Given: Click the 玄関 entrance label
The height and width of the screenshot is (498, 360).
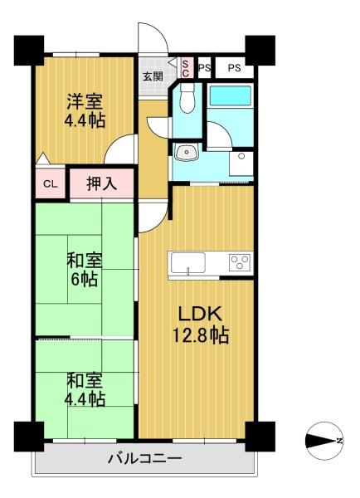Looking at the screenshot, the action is [153, 76].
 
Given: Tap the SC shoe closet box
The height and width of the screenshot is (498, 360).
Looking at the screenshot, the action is [186, 68].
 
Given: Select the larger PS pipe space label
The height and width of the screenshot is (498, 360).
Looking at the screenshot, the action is [234, 68].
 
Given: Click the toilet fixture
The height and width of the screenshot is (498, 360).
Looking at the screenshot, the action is [187, 98].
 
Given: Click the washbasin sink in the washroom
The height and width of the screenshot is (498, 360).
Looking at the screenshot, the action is [187, 152].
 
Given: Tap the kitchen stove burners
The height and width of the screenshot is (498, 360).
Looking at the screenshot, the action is [240, 262].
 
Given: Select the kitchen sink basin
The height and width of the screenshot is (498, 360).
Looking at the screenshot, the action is [188, 263].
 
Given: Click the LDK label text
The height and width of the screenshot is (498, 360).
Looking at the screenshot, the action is [200, 314].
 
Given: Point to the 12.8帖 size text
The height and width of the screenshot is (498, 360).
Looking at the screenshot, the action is [200, 335].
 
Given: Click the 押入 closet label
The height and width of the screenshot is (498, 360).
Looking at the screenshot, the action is [102, 183].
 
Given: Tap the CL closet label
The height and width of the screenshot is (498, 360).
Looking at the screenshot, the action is [51, 184].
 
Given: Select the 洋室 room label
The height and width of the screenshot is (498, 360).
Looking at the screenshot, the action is [85, 101].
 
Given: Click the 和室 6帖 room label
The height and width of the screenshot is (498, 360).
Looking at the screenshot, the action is [85, 270].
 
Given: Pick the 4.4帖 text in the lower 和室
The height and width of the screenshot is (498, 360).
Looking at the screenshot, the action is [85, 399].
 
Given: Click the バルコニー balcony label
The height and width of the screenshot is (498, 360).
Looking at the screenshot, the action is [145, 459].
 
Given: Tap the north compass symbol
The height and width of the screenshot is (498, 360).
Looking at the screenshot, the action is [324, 441].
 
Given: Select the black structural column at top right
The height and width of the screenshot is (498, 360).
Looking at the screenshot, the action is [260, 50].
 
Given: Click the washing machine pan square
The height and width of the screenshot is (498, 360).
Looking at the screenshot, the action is [241, 164].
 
